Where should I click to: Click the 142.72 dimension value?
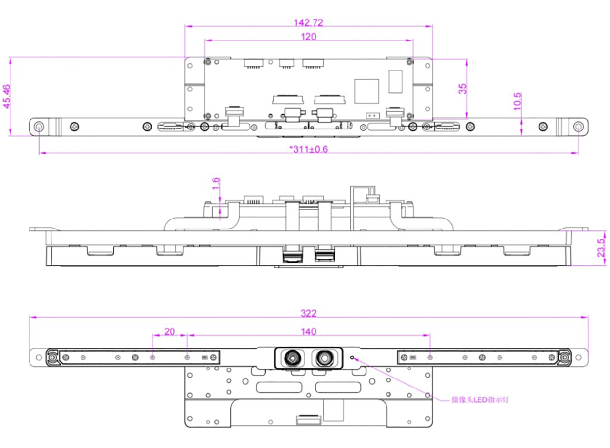[x=308, y=22]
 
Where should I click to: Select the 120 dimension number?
[x=308, y=36]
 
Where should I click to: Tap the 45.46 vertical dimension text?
[x=7, y=97]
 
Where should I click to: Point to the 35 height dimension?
[x=463, y=89]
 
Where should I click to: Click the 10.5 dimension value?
[x=518, y=101]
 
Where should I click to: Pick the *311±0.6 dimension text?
[x=308, y=149]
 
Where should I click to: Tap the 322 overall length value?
[x=308, y=313]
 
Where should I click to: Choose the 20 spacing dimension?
[x=170, y=331]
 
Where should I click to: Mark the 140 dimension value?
[x=308, y=331]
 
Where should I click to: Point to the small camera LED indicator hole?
[x=353, y=357]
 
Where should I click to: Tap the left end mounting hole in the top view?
[x=39, y=127]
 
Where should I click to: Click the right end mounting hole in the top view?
[x=578, y=127]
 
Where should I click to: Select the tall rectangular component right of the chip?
[x=395, y=81]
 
